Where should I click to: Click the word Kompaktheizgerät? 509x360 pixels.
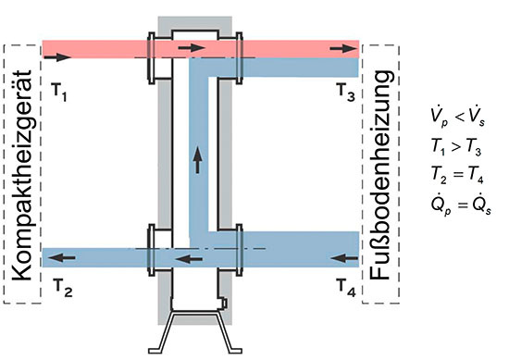click(21, 173)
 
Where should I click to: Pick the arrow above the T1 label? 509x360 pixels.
click(55, 57)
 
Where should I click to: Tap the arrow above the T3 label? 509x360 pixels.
click(347, 46)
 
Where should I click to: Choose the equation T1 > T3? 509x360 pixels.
click(455, 145)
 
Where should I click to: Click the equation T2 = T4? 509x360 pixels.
click(455, 173)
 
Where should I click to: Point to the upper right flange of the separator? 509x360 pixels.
click(239, 57)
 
